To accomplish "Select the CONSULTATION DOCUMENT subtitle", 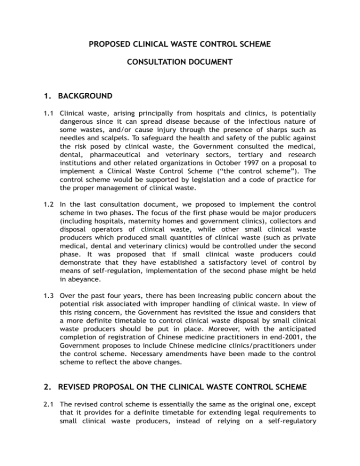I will [180, 74].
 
